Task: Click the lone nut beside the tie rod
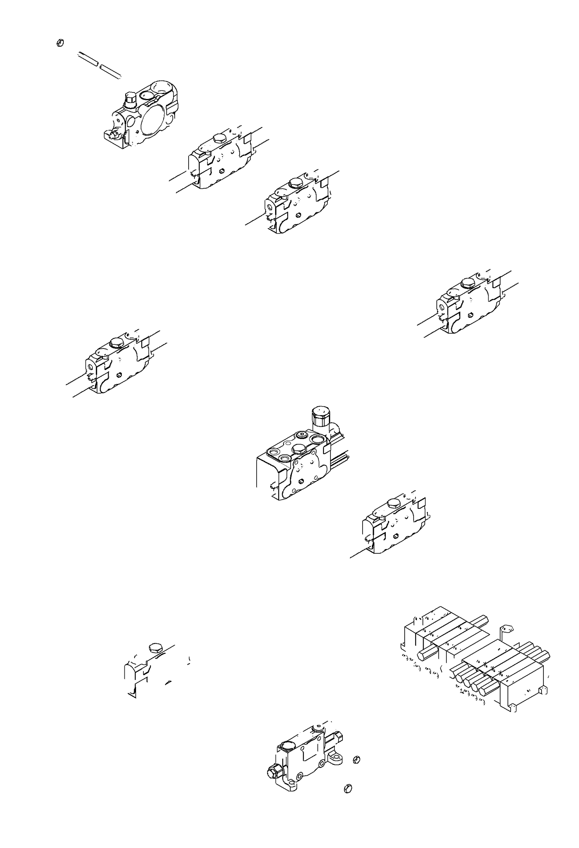point(60,43)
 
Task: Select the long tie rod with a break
point(100,65)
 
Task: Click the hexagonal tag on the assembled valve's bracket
point(507,630)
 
